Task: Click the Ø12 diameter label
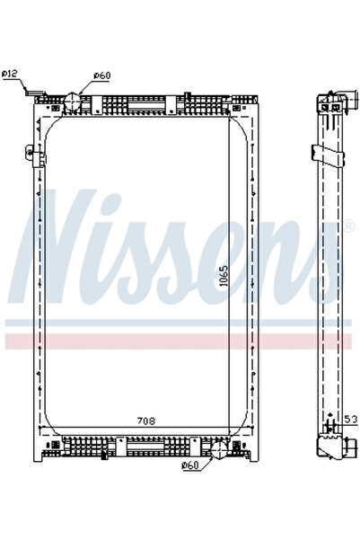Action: tap(12, 73)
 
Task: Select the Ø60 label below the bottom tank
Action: tap(189, 465)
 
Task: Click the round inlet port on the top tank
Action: tap(75, 98)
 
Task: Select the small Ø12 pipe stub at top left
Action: tap(34, 93)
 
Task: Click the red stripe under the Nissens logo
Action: tap(180, 341)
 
